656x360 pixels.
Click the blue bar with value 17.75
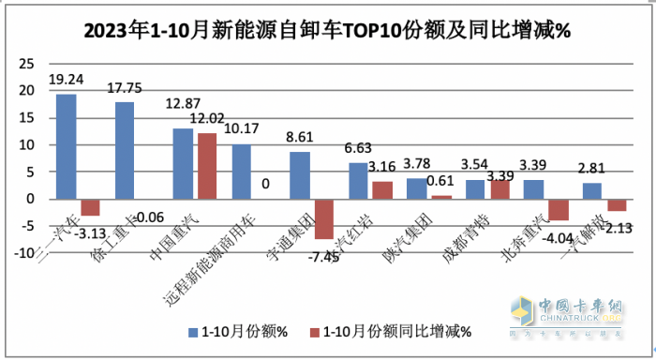125,150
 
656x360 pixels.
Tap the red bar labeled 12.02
206,166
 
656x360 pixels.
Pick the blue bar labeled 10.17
242,172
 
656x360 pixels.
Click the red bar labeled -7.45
323,218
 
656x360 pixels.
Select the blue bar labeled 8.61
300,175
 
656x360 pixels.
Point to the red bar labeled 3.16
381,190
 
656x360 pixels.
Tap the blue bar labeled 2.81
591,191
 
